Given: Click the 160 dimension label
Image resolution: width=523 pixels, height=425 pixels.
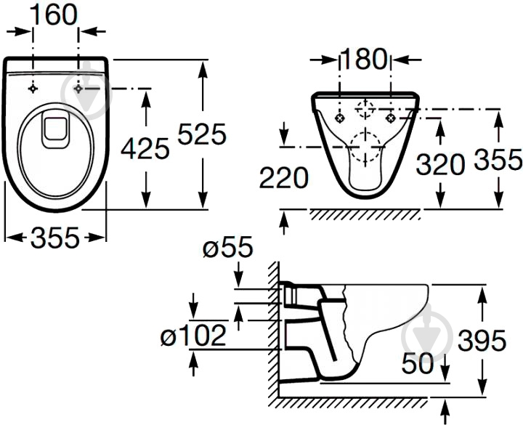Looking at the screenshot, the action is (x=54, y=15).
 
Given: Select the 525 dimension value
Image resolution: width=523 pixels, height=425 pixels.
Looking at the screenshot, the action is (x=202, y=134).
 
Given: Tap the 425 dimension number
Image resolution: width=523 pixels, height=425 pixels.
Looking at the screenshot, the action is (x=145, y=148).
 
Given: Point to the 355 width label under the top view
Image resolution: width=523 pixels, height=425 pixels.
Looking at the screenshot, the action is (x=55, y=238).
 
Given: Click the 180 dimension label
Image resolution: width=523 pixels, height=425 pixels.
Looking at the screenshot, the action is (x=364, y=59).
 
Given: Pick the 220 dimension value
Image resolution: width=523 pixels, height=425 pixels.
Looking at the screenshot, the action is (x=284, y=178).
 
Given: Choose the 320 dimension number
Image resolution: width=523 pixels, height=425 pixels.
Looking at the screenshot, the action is (x=440, y=163).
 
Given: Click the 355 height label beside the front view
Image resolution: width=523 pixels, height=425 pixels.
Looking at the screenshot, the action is (x=498, y=159).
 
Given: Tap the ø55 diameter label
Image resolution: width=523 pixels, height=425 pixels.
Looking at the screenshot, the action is (x=228, y=248).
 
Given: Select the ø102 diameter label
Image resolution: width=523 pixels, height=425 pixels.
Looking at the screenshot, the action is (x=193, y=335).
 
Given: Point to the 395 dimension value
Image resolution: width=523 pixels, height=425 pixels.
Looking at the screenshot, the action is (x=482, y=340).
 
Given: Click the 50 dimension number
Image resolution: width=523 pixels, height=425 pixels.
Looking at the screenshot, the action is (x=417, y=363).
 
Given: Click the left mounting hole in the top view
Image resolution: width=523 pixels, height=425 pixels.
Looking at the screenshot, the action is (x=33, y=89).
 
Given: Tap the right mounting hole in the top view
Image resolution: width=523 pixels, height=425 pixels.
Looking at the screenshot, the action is (x=78, y=89).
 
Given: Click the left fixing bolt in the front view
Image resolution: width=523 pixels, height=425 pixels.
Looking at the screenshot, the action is (x=339, y=118).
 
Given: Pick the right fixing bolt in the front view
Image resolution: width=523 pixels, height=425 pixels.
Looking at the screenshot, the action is (x=391, y=118).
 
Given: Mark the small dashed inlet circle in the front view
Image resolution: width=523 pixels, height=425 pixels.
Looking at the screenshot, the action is (x=365, y=109).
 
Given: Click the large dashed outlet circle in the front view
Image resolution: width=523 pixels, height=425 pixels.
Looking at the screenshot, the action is (x=365, y=147).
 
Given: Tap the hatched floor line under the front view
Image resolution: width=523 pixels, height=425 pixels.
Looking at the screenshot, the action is (x=365, y=214).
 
